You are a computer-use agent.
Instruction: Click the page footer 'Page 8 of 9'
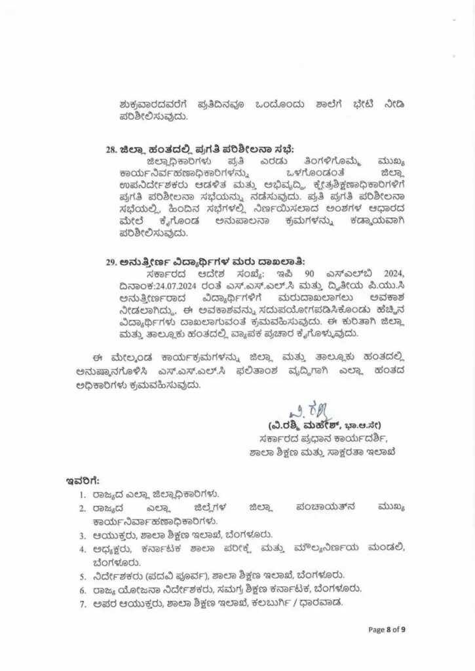tap(387, 630)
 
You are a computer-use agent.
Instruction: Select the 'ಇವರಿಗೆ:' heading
tap(83, 481)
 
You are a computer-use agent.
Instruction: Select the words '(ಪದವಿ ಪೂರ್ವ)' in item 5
tap(157, 575)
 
